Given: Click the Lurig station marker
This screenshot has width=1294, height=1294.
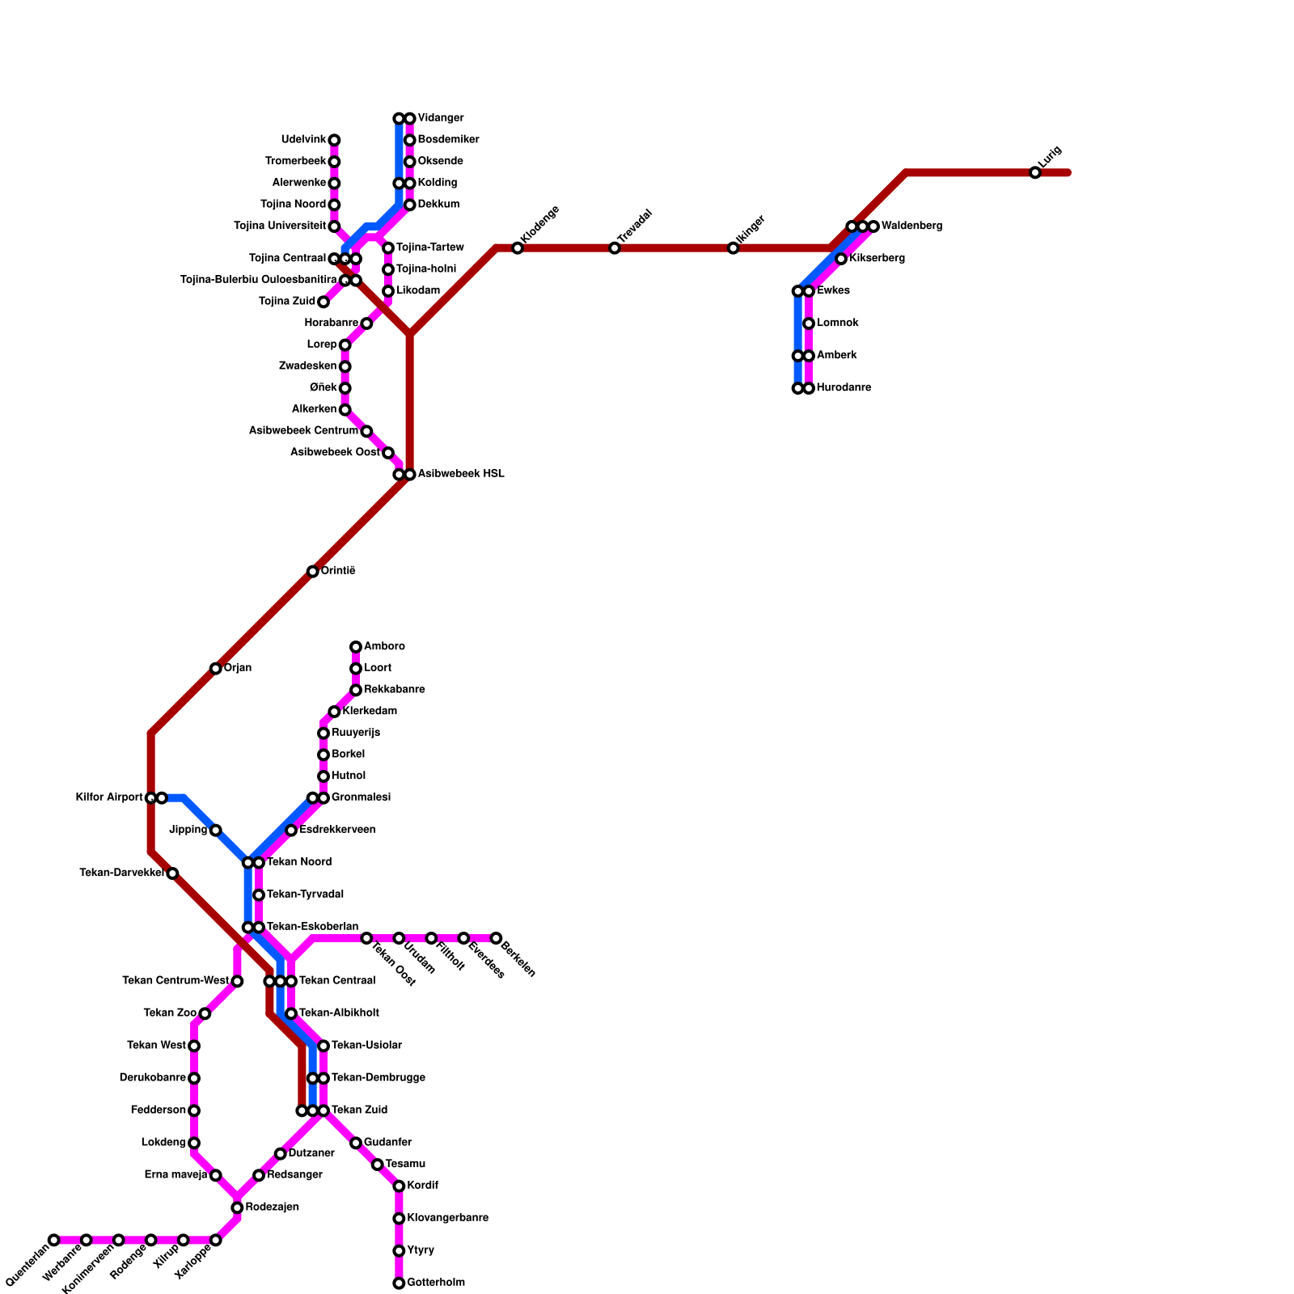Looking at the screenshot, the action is point(1035,172).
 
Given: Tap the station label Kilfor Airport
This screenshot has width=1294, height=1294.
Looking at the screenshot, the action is point(109,797).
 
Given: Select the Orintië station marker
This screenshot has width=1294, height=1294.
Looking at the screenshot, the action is point(313,572).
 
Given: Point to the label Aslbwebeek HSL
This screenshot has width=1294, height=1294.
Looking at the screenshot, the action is point(460,474).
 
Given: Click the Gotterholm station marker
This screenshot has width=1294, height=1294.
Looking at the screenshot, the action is point(399,1283).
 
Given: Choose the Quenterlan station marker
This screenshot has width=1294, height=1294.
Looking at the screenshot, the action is point(54,1240).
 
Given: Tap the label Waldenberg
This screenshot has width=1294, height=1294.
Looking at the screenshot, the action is point(911,226).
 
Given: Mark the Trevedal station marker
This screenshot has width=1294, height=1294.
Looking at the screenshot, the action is point(615,248).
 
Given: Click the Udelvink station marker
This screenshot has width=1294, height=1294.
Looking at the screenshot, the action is point(334,140).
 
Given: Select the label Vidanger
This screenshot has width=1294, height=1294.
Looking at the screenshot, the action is point(440,119).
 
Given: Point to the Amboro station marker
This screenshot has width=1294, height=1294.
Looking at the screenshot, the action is point(356,647).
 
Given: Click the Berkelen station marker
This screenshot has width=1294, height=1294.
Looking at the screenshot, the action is point(496,938).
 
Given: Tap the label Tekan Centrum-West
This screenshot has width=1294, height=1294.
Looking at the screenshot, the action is point(175,981).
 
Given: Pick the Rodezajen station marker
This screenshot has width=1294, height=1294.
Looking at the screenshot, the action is point(237,1207).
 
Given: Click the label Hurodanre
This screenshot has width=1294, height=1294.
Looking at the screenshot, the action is point(844,388).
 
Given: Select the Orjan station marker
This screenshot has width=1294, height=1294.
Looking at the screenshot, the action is point(216,669).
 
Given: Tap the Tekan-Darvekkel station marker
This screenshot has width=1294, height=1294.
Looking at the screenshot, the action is point(172,873).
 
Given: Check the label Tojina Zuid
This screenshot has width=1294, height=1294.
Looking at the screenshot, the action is point(287,302).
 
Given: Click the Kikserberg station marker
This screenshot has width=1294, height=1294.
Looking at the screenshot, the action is point(841,259).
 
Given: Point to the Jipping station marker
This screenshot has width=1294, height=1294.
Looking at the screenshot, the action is point(216,831).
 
